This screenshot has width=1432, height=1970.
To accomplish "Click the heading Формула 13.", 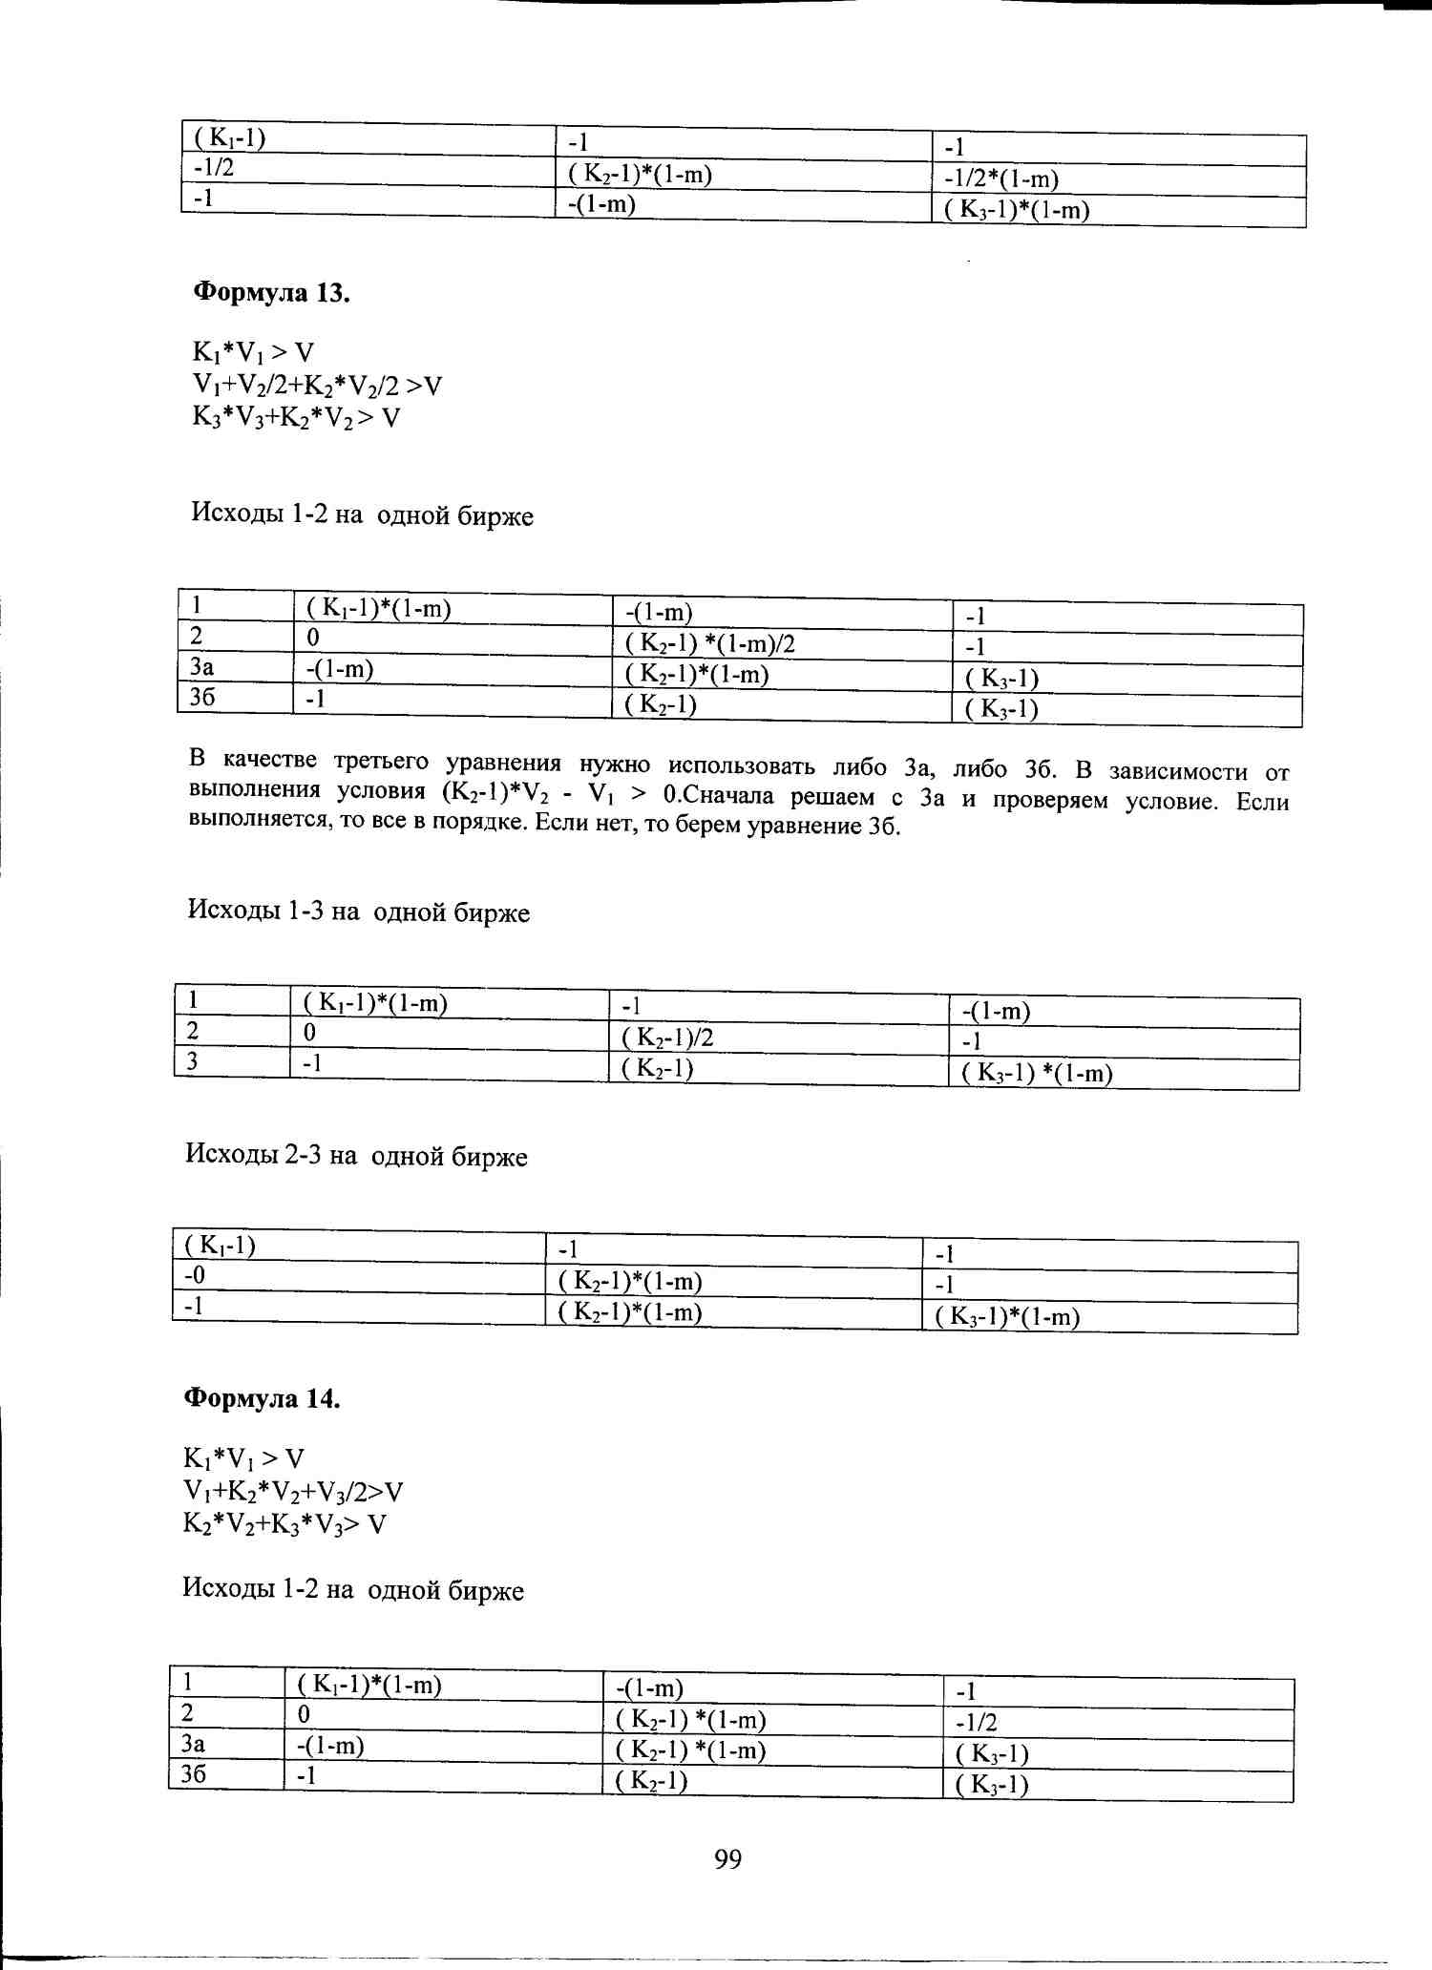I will (271, 292).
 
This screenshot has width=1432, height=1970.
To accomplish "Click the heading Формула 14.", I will (262, 1398).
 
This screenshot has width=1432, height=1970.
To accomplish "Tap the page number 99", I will (727, 1858).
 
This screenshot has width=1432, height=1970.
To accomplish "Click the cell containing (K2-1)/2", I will (667, 1037).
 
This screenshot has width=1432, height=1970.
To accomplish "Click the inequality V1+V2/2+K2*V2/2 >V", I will (317, 385).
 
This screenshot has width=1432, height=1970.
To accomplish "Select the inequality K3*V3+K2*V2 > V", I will (296, 417).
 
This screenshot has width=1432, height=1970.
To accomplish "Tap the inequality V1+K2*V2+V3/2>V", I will (293, 1491).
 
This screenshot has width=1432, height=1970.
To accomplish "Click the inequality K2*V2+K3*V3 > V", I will (284, 1523).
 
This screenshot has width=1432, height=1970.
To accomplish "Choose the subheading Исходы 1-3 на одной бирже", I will (358, 912).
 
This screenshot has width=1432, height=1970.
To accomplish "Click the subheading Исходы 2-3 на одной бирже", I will (356, 1156).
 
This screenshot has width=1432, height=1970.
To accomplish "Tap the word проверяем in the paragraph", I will (1050, 800).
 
